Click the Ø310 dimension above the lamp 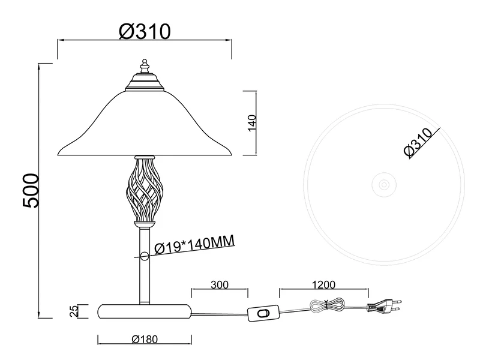pyautogui.click(x=145, y=32)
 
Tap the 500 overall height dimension pyautogui.click(x=31, y=190)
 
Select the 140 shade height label pyautogui.click(x=251, y=123)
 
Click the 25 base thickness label pyautogui.click(x=74, y=311)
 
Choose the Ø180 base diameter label pyautogui.click(x=145, y=339)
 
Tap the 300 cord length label pyautogui.click(x=220, y=284)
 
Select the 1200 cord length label pyautogui.click(x=323, y=284)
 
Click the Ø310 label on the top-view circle pyautogui.click(x=418, y=143)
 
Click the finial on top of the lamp pyautogui.click(x=145, y=66)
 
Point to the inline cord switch pyautogui.click(x=263, y=313)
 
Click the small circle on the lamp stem pyautogui.click(x=144, y=256)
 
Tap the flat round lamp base pyautogui.click(x=144, y=311)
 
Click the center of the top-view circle pyautogui.click(x=384, y=185)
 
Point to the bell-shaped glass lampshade pyautogui.click(x=145, y=123)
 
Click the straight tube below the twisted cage pyautogui.click(x=145, y=266)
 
